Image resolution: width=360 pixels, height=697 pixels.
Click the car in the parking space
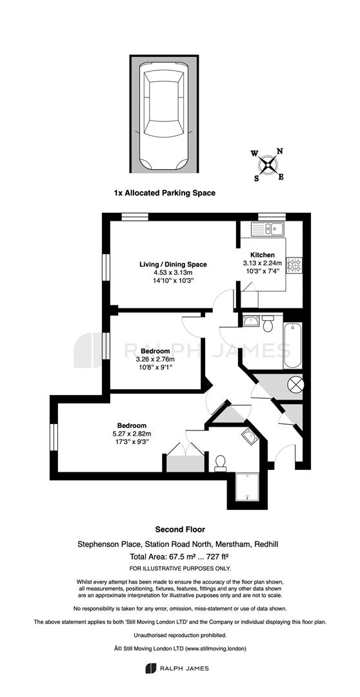coord(164,116)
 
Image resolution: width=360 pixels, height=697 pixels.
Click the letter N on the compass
coord(280,150)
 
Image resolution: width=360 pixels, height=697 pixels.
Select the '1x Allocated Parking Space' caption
coord(165,193)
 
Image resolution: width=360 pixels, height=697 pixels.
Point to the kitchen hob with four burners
coord(295,265)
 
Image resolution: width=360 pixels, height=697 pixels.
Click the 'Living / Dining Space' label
coord(174,265)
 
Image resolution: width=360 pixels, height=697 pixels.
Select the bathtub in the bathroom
coord(292,345)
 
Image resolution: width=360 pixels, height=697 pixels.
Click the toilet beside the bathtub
coord(268,323)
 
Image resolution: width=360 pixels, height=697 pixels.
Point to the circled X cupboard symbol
coord(295,383)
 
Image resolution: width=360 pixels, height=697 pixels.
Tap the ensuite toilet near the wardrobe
coord(219,463)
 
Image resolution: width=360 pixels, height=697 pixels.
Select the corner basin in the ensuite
coord(250,437)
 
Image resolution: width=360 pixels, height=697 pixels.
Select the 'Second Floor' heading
coord(180,529)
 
